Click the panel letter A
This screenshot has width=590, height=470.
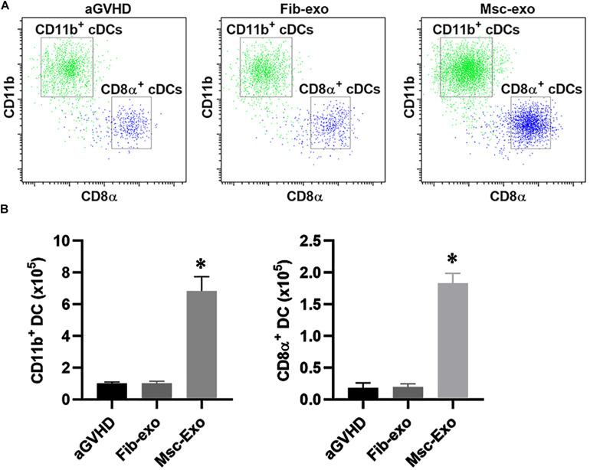pyautogui.click(x=5, y=5)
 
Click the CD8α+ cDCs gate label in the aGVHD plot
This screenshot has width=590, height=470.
pyautogui.click(x=142, y=89)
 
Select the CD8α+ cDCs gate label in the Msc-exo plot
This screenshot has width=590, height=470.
pyautogui.click(x=541, y=89)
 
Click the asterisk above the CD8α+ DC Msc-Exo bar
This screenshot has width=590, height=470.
pyautogui.click(x=446, y=258)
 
